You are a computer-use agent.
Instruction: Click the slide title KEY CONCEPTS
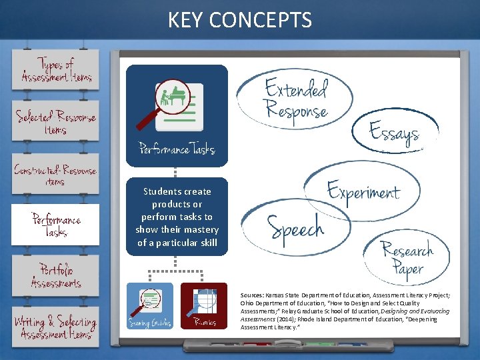click(x=240, y=20)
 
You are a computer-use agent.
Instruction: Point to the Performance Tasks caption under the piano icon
click(x=177, y=148)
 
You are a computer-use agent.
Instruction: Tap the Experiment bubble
click(x=363, y=192)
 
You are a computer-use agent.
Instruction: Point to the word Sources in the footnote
click(x=251, y=294)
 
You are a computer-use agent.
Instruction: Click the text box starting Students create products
click(x=177, y=217)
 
